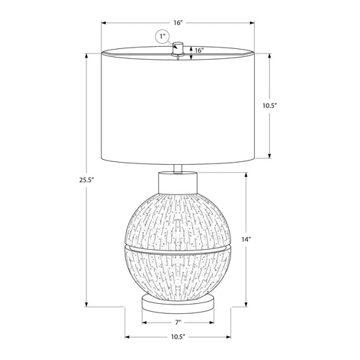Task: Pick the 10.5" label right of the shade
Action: pos(270,105)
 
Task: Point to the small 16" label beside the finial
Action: pos(199,50)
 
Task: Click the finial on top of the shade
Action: pos(178,48)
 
